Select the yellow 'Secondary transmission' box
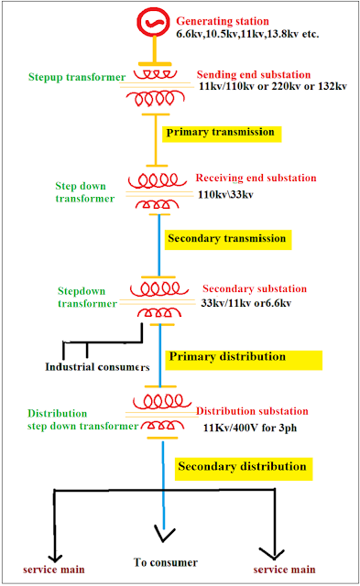226,238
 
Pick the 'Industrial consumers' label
97,367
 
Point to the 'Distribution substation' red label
252,411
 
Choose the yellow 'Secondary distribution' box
243,468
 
